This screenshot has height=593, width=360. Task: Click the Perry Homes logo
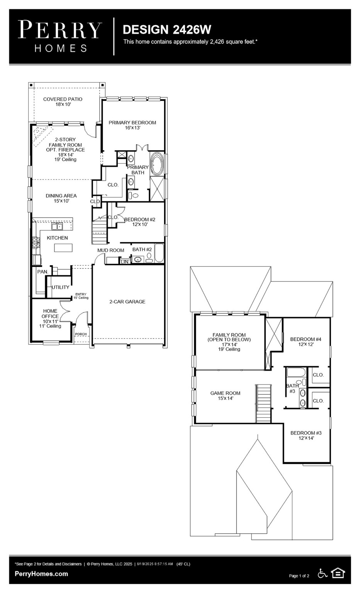60,36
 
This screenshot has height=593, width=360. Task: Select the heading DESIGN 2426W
167,30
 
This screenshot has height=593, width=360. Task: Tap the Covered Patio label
63,102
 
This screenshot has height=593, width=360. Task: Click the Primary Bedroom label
132,125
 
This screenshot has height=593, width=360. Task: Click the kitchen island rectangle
63,247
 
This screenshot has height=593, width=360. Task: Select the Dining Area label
61,198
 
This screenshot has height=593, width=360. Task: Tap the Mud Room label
110,250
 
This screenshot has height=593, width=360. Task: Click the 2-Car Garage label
127,302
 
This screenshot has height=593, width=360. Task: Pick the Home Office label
50,318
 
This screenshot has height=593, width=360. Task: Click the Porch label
81,334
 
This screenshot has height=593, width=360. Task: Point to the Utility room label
61,287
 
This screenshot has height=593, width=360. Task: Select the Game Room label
225,395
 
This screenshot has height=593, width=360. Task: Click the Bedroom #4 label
306,342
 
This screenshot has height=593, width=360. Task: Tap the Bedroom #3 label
306,435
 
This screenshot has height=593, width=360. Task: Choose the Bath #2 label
142,249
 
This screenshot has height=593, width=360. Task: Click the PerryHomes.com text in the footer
41,574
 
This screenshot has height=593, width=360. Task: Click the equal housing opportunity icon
338,573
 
